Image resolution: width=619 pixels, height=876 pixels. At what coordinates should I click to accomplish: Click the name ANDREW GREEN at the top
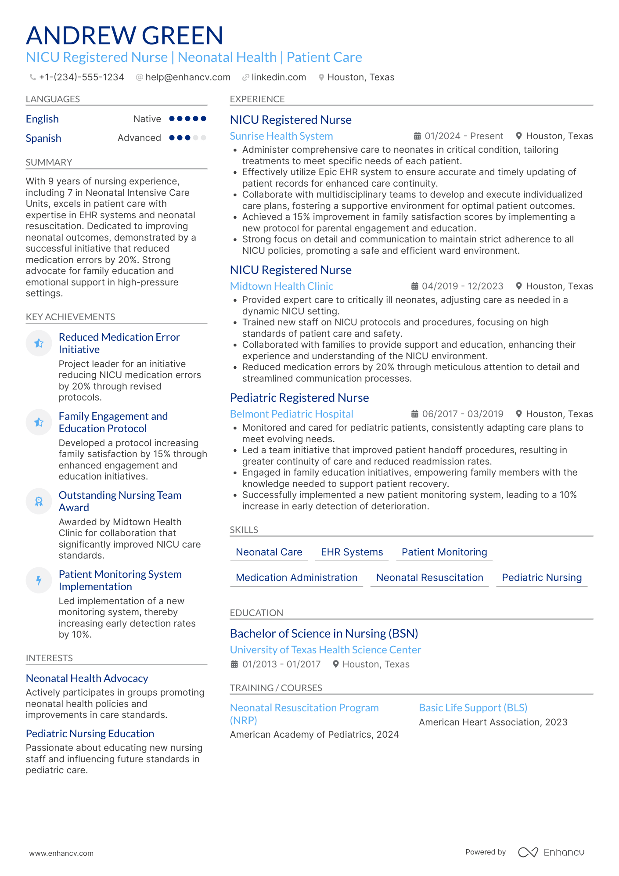tap(125, 36)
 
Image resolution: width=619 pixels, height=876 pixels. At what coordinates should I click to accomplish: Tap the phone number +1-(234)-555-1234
tap(81, 77)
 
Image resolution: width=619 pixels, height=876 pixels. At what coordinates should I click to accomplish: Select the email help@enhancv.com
tap(187, 77)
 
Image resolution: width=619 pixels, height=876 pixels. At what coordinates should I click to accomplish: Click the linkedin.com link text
tap(278, 77)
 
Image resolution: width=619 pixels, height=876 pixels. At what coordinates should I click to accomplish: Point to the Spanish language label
tap(43, 138)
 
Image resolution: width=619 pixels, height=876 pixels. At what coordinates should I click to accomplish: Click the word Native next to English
tap(147, 119)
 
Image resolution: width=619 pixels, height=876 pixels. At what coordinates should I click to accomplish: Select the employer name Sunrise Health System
tap(281, 136)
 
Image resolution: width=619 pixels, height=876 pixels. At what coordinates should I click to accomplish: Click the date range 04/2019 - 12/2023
tap(462, 286)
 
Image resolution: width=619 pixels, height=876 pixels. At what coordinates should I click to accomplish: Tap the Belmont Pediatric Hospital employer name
tap(292, 414)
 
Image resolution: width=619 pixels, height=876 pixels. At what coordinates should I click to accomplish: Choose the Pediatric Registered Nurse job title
tap(299, 398)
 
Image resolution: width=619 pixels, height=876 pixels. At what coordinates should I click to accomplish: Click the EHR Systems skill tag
tap(352, 552)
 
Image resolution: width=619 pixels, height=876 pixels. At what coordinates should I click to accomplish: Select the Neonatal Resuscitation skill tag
tap(429, 578)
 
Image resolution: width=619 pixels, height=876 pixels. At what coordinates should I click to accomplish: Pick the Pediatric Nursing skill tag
tap(541, 578)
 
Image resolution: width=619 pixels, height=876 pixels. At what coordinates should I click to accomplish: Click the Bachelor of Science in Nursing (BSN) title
tap(324, 634)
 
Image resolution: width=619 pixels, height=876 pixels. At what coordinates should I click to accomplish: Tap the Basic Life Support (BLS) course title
tap(473, 708)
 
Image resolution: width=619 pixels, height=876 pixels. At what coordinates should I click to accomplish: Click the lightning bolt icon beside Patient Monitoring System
tap(39, 580)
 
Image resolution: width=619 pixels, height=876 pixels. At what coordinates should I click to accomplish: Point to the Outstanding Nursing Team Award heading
tap(120, 501)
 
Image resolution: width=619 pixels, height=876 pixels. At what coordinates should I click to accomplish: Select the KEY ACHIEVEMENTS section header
tap(70, 317)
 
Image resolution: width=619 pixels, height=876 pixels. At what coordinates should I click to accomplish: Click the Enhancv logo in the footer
tap(551, 852)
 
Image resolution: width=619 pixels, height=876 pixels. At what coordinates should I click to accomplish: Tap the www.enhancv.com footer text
tap(61, 853)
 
